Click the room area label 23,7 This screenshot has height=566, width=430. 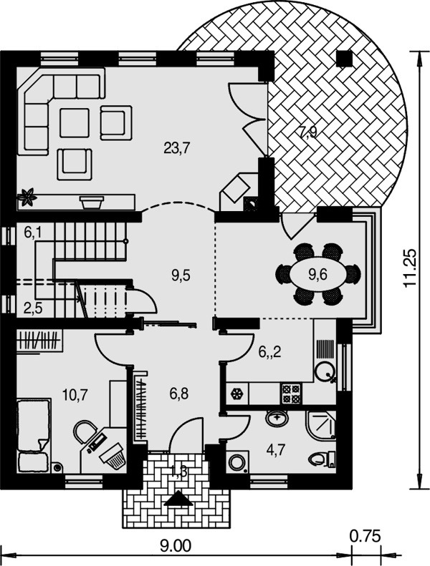(177, 148)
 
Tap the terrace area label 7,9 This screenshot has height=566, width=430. (307, 132)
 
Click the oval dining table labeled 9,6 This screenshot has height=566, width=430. (318, 275)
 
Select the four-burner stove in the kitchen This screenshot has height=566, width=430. (291, 394)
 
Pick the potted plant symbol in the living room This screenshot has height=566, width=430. (27, 197)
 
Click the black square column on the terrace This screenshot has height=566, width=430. (344, 59)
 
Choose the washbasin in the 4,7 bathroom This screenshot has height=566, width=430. (277, 419)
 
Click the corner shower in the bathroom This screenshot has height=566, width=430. (321, 424)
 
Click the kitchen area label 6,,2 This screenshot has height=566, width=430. (270, 351)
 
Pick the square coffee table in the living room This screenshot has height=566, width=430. (75, 123)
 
